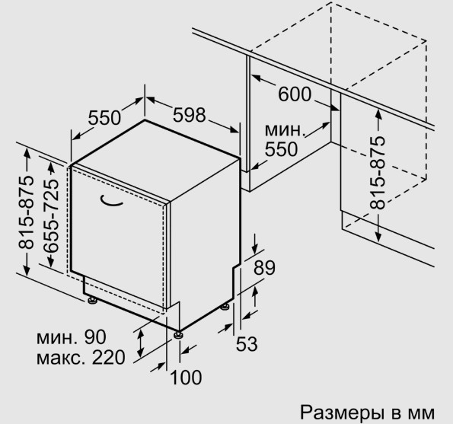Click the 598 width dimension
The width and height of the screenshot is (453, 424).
[190, 115]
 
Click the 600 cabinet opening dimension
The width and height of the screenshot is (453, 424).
[295, 94]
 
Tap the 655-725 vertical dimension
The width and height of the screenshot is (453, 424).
[51, 216]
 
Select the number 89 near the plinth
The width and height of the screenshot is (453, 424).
[264, 268]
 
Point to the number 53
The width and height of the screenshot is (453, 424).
[247, 344]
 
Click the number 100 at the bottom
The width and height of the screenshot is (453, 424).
[186, 378]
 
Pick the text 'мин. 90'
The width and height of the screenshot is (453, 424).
[72, 336]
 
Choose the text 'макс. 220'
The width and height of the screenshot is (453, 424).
[81, 357]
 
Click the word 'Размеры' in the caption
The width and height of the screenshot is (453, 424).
[342, 412]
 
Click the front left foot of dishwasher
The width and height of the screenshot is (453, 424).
[92, 300]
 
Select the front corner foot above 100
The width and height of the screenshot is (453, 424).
[178, 334]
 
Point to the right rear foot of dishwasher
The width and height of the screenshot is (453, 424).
[225, 307]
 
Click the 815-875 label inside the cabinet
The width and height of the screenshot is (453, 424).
[378, 173]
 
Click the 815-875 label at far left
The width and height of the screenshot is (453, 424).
[26, 212]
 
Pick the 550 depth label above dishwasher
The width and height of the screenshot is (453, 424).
[104, 117]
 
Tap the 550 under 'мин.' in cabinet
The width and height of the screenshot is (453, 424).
[281, 149]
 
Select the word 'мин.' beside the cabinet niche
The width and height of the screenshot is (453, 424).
[285, 130]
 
